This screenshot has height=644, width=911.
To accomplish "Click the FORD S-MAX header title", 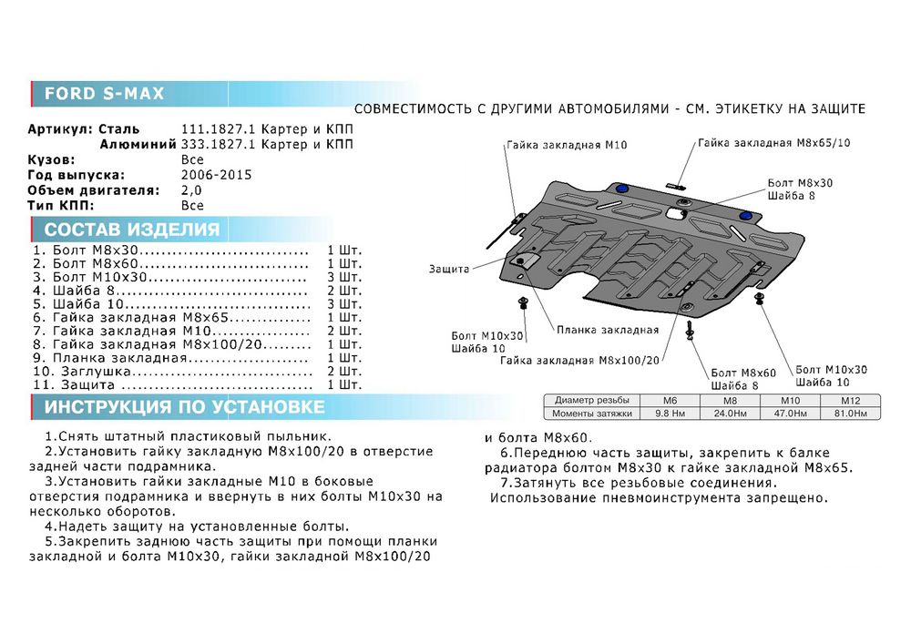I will (x=104, y=93).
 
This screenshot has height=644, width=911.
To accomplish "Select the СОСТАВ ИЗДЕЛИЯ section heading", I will (x=131, y=230).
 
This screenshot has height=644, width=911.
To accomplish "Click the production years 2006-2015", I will (x=217, y=175).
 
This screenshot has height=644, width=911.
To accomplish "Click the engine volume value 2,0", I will (x=192, y=190).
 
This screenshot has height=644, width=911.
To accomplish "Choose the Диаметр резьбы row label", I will (x=591, y=401).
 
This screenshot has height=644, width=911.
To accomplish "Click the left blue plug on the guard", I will (x=622, y=189).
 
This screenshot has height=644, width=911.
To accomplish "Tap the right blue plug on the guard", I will (x=746, y=216).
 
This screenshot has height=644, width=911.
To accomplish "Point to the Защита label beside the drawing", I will (x=447, y=270).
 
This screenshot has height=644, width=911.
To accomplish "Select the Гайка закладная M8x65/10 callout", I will (x=774, y=143).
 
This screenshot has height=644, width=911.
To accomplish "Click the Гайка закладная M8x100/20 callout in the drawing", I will (x=578, y=360).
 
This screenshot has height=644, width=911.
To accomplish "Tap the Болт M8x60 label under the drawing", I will (x=744, y=373).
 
